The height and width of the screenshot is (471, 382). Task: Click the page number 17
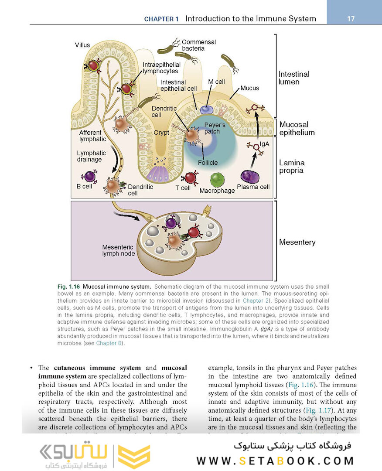(351, 19)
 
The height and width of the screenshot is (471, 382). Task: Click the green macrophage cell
(217, 180)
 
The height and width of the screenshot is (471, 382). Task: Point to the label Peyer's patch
(213, 128)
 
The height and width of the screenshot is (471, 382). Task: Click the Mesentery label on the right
(297, 242)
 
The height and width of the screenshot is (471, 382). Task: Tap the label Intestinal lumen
(294, 78)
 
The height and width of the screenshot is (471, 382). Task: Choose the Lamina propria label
(292, 167)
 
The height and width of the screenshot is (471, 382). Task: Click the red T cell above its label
(191, 177)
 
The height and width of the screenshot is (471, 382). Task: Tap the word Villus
(83, 44)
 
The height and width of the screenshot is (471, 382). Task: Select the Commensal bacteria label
(199, 45)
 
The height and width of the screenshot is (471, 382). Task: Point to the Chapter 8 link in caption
(106, 343)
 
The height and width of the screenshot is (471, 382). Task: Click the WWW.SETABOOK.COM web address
(275, 461)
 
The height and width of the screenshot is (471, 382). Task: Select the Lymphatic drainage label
(92, 156)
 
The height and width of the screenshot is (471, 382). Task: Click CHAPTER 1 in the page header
(161, 19)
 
